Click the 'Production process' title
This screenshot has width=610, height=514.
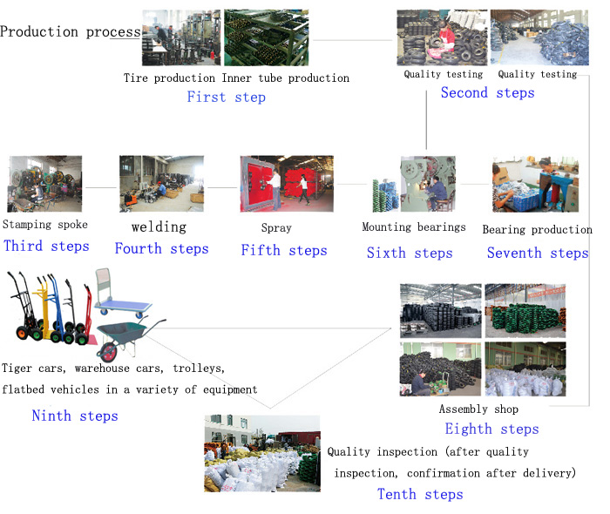(70, 31)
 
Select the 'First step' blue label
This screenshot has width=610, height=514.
(226, 97)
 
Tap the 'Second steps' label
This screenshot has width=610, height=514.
(487, 92)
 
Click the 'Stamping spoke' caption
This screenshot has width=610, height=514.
(45, 225)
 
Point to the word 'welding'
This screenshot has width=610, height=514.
(159, 227)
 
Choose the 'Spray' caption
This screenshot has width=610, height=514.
(276, 228)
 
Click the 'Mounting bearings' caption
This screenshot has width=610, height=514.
(414, 227)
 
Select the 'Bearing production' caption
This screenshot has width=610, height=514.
(538, 230)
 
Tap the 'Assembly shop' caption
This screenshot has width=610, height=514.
(478, 409)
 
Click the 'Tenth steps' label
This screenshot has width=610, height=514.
(420, 494)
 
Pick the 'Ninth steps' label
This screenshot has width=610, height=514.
(75, 416)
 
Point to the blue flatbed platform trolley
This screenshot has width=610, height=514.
(123, 295)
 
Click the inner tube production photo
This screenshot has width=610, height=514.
(267, 37)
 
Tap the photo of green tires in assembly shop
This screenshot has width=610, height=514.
(525, 311)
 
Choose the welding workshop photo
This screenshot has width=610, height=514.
(161, 184)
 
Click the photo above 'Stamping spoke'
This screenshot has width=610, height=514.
(45, 184)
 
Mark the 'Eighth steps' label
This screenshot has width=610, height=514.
(492, 429)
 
